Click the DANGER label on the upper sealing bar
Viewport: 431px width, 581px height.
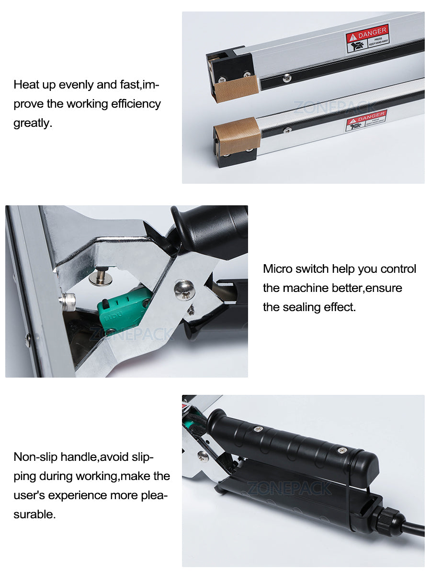tap(367, 38)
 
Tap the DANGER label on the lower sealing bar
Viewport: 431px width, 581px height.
tap(366, 121)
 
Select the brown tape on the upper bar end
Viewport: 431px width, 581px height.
tap(229, 90)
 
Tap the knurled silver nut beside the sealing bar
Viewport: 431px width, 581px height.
tap(67, 302)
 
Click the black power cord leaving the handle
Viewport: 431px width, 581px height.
tap(415, 529)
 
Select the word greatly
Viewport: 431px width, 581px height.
tap(32, 123)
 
